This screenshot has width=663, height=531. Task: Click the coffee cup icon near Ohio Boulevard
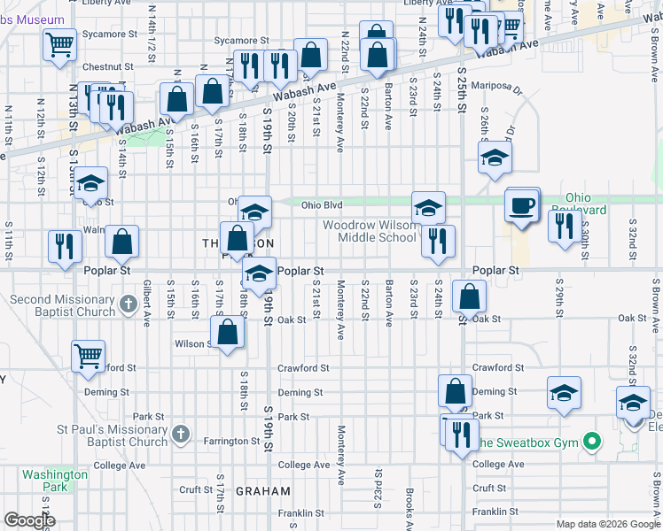[522, 205]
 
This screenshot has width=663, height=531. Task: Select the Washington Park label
[55, 481]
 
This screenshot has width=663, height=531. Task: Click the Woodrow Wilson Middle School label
[369, 231]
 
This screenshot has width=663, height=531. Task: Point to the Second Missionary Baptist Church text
[62, 305]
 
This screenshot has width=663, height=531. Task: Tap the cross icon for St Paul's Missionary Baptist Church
[181, 434]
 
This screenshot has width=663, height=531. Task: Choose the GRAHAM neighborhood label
[263, 491]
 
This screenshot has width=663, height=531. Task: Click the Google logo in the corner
[29, 520]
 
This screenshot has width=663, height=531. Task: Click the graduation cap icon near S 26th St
[495, 158]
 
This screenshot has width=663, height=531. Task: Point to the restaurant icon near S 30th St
[564, 226]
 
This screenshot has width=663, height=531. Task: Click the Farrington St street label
[230, 441]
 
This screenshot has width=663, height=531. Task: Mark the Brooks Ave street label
[407, 504]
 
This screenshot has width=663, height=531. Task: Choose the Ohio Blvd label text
[322, 205]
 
